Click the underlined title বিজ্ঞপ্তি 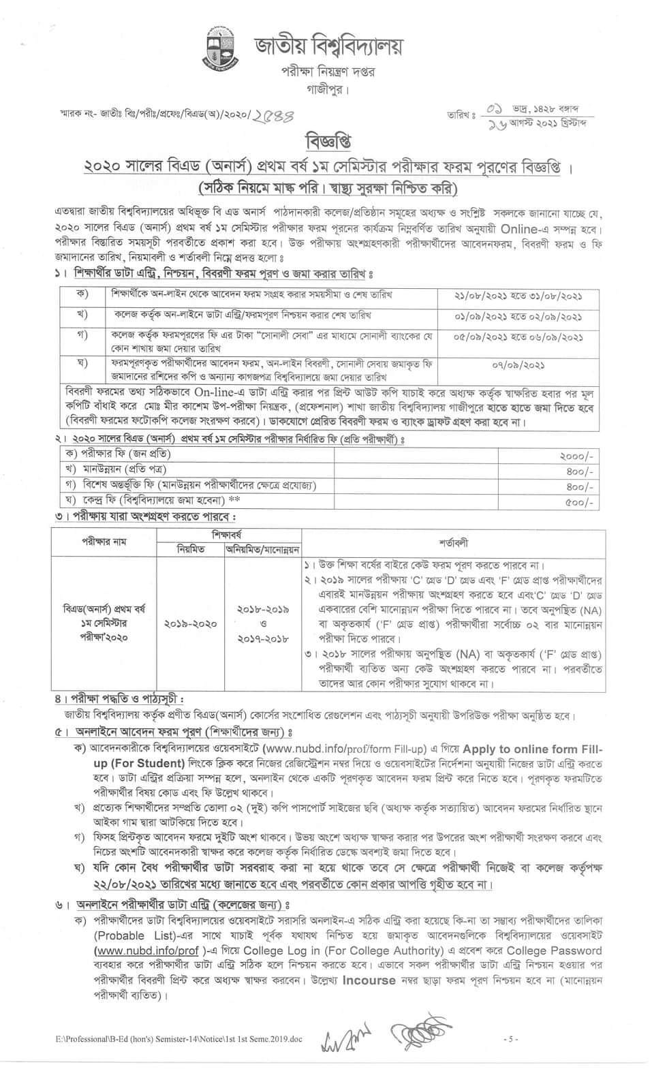(328, 142)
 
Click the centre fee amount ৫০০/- (580, 502)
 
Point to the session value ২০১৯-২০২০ (190, 623)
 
